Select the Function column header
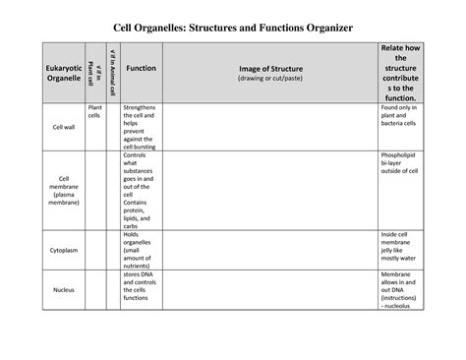point(141,69)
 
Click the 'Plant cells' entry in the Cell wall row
point(94,111)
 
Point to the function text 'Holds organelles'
point(140,250)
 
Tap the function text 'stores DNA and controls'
point(142,290)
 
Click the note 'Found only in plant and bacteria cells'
point(403,116)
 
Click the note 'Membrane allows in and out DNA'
point(403,290)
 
